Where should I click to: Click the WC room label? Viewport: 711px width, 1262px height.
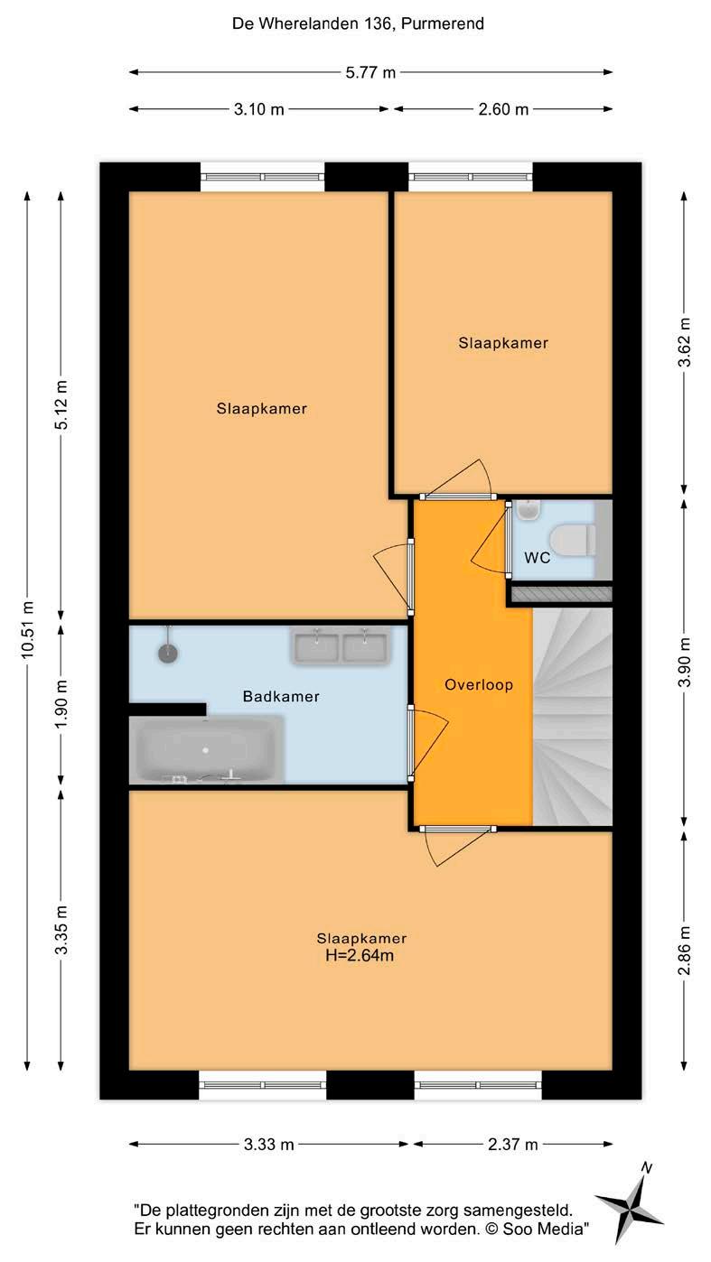click(x=537, y=558)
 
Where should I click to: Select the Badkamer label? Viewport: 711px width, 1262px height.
click(x=281, y=696)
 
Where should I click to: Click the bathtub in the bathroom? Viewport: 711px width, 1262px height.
click(x=206, y=749)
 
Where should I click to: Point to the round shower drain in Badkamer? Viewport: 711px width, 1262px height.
click(x=167, y=653)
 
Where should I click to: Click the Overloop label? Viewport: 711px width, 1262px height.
click(x=479, y=684)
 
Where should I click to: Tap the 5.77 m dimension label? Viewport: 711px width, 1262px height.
click(x=370, y=72)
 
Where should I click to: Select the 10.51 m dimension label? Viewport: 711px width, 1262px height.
click(x=28, y=630)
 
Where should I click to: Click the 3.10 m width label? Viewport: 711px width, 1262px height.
click(x=258, y=108)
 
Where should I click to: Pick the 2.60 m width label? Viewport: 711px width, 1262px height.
click(x=503, y=108)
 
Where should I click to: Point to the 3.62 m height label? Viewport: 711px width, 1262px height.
click(x=684, y=342)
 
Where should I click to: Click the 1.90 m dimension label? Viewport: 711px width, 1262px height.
click(x=61, y=704)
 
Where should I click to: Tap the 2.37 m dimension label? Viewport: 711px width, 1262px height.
click(x=512, y=1145)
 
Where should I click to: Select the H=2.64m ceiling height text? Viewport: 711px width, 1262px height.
click(x=360, y=955)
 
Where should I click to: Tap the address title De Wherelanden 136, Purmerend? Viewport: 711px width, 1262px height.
click(x=358, y=23)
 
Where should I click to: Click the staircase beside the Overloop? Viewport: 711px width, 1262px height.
click(x=572, y=716)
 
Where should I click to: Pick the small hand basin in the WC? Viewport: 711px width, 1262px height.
click(x=529, y=510)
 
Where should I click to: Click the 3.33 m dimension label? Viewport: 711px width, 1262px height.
click(x=268, y=1145)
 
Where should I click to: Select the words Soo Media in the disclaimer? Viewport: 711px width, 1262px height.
click(x=542, y=1229)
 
